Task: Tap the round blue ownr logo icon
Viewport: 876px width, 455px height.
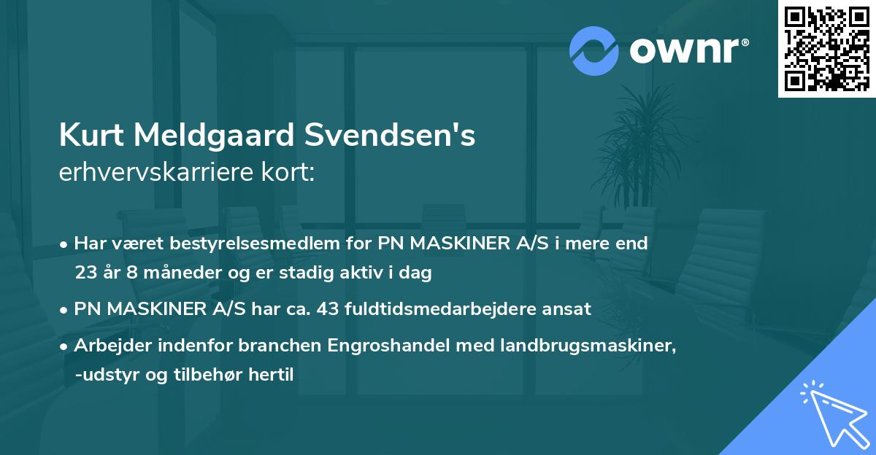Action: click(x=593, y=50)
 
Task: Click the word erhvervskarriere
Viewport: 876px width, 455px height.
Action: click(x=162, y=172)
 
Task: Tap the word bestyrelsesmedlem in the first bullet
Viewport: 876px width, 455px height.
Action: click(x=277, y=244)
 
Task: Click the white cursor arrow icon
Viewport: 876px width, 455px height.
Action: click(x=832, y=413)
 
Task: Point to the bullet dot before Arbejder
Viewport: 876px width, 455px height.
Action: click(x=65, y=346)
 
